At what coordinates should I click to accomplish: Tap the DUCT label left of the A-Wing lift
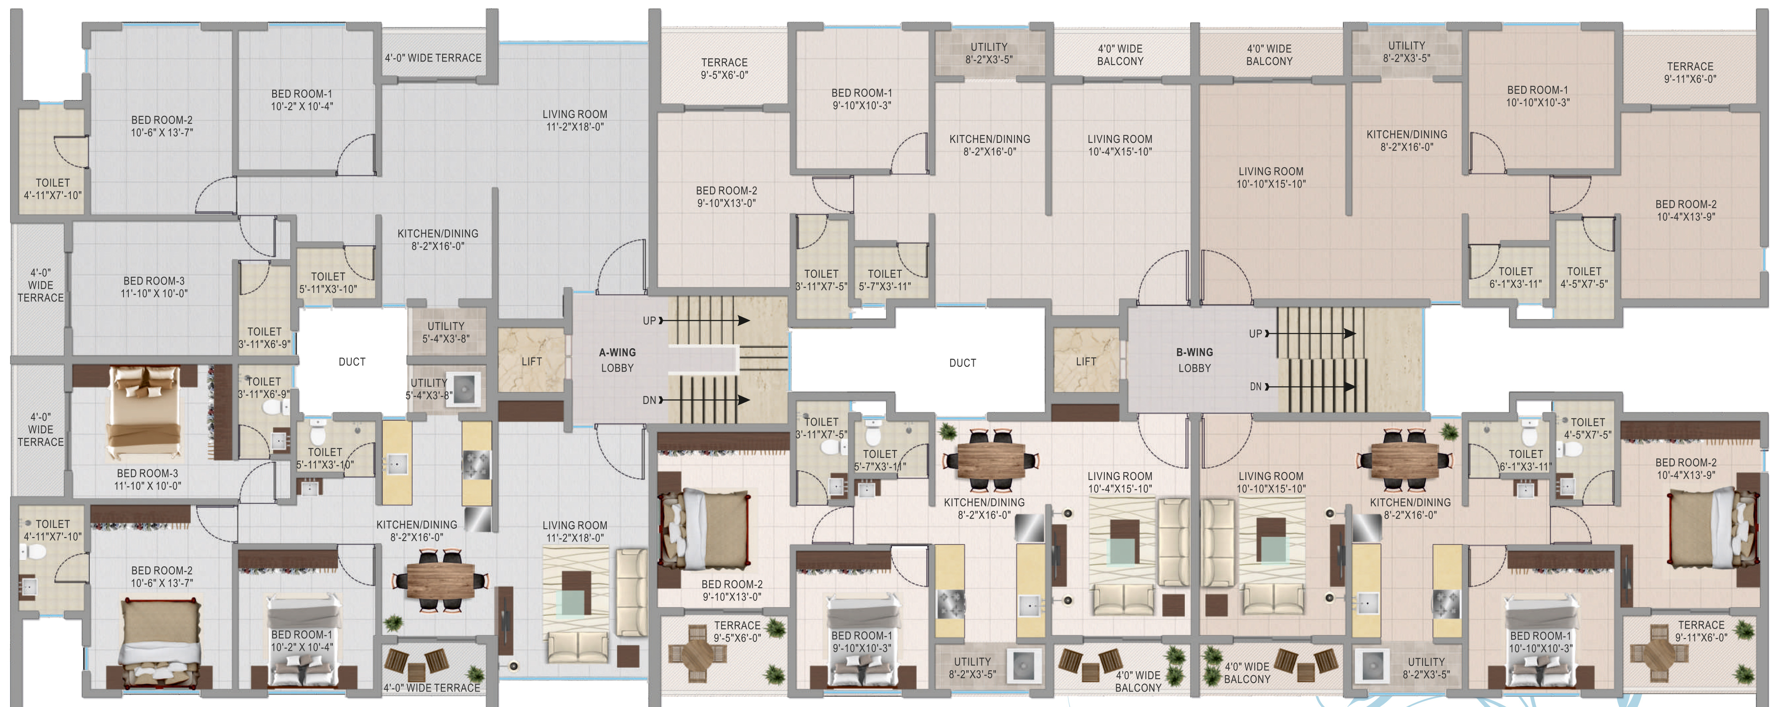tap(352, 361)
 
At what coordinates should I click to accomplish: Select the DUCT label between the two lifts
tap(962, 363)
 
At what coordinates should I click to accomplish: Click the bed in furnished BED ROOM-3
tap(145, 413)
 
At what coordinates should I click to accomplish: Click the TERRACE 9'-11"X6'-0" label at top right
tap(1690, 72)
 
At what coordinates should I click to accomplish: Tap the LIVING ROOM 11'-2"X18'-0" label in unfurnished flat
tap(575, 120)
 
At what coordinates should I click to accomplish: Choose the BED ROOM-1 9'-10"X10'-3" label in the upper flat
tap(861, 99)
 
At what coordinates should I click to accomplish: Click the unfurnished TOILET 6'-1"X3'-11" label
tap(1515, 277)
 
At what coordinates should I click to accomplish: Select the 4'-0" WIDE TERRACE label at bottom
tap(432, 687)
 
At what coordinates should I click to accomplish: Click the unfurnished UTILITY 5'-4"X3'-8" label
tap(446, 332)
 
